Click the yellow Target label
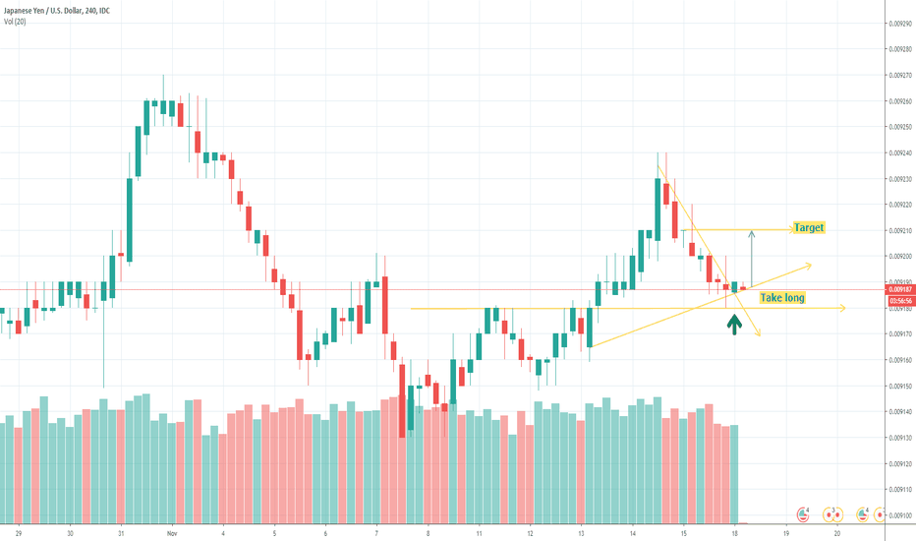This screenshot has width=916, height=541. coord(810,227)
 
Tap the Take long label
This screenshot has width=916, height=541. coord(782,296)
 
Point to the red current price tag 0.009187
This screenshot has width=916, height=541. coord(899,289)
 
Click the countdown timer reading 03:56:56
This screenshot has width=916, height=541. coord(899,300)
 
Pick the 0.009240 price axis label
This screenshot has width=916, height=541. coord(899,152)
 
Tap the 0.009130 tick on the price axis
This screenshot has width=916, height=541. coord(899,438)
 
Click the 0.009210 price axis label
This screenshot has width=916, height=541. coord(899,230)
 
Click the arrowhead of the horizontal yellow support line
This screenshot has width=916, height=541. coord(842,309)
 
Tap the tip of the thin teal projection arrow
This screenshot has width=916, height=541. coord(752,231)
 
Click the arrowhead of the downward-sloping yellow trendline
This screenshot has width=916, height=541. coord(759,335)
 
